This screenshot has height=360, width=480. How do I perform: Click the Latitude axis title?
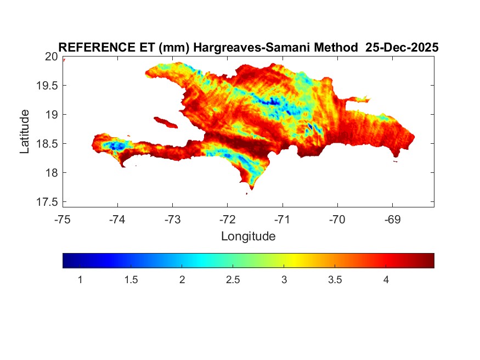pos(25,131)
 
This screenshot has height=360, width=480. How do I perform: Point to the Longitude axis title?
pos(248,237)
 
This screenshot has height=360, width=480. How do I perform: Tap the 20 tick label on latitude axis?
pos(51,57)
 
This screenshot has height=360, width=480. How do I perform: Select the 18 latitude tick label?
pos(51,173)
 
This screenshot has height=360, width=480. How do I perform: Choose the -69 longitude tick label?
pos(392,220)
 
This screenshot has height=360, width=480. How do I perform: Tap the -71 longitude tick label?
pos(283,220)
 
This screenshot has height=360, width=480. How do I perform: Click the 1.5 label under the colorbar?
pos(131,280)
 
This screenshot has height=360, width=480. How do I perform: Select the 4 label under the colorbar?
pos(386,280)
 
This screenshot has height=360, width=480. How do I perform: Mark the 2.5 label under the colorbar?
pos(233,280)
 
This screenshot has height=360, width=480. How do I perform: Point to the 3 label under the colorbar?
pos(284,280)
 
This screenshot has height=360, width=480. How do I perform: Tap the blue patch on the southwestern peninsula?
pos(116,146)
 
